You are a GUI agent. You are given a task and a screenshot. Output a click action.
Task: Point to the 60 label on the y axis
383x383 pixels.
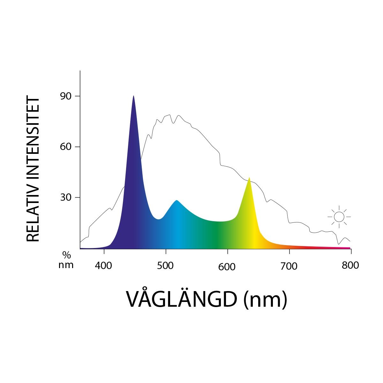(65, 147)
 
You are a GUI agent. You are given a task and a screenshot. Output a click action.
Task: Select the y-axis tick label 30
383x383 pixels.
(65, 198)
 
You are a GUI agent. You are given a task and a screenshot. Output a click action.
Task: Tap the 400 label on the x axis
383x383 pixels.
(104, 266)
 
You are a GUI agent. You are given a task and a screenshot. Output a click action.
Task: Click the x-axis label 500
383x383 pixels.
(166, 266)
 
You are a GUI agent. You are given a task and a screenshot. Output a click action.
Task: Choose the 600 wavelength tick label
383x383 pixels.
(227, 267)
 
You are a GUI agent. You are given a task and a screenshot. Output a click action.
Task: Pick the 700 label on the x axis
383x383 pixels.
(289, 266)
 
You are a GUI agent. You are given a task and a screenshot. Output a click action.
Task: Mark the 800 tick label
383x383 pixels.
(350, 265)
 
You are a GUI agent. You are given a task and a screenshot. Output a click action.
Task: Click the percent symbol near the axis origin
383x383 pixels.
(66, 255)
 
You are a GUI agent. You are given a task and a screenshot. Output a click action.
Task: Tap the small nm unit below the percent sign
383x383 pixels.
(66, 265)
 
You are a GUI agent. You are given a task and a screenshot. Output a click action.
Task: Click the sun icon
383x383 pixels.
(339, 217)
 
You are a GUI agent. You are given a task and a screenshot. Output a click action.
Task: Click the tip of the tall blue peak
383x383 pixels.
(133, 96)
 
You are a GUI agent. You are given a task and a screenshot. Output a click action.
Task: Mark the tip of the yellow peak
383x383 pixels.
(249, 178)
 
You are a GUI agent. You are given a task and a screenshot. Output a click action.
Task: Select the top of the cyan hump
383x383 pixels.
(176, 200)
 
